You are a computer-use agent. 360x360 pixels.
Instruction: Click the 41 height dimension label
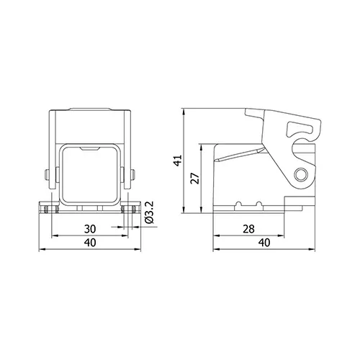pos(178,161)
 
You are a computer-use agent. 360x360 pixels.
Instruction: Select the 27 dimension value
pos(195,178)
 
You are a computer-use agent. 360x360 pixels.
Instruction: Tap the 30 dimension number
pos(90,229)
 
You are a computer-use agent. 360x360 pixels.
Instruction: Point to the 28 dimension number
pos(248,229)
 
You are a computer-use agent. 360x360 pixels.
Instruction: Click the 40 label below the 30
pos(90,243)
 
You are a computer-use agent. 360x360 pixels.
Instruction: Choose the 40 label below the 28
pos(264,243)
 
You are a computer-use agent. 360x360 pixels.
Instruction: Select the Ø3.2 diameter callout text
pos(149,212)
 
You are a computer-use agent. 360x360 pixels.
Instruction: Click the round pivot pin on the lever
pos(301,174)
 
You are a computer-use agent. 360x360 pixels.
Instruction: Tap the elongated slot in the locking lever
pos(300,130)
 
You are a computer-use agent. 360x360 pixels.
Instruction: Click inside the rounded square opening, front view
pos(90,174)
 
